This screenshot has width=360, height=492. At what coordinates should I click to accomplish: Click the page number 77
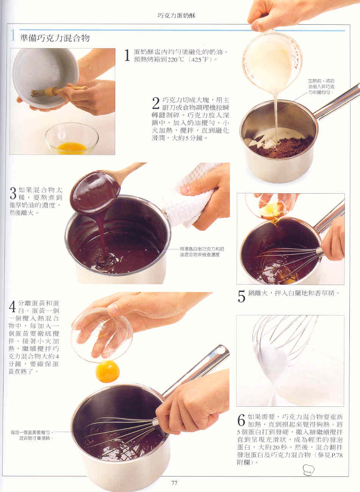174,483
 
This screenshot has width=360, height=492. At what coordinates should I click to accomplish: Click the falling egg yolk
107,371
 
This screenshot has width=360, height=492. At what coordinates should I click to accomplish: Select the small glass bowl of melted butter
72,138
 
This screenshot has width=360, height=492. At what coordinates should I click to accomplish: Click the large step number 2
156,103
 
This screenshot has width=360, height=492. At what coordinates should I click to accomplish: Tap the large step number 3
13,193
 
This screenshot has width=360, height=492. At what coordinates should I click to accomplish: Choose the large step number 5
241,296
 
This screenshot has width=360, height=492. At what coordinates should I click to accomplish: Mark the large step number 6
241,420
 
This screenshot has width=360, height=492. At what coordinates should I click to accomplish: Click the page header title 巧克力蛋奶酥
176,16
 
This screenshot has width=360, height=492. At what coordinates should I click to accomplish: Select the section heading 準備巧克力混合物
55,38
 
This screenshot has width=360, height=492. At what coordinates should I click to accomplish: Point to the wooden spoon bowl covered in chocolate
95,193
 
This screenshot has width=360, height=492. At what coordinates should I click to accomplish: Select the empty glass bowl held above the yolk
102,335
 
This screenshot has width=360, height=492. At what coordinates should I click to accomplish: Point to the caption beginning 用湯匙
202,252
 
